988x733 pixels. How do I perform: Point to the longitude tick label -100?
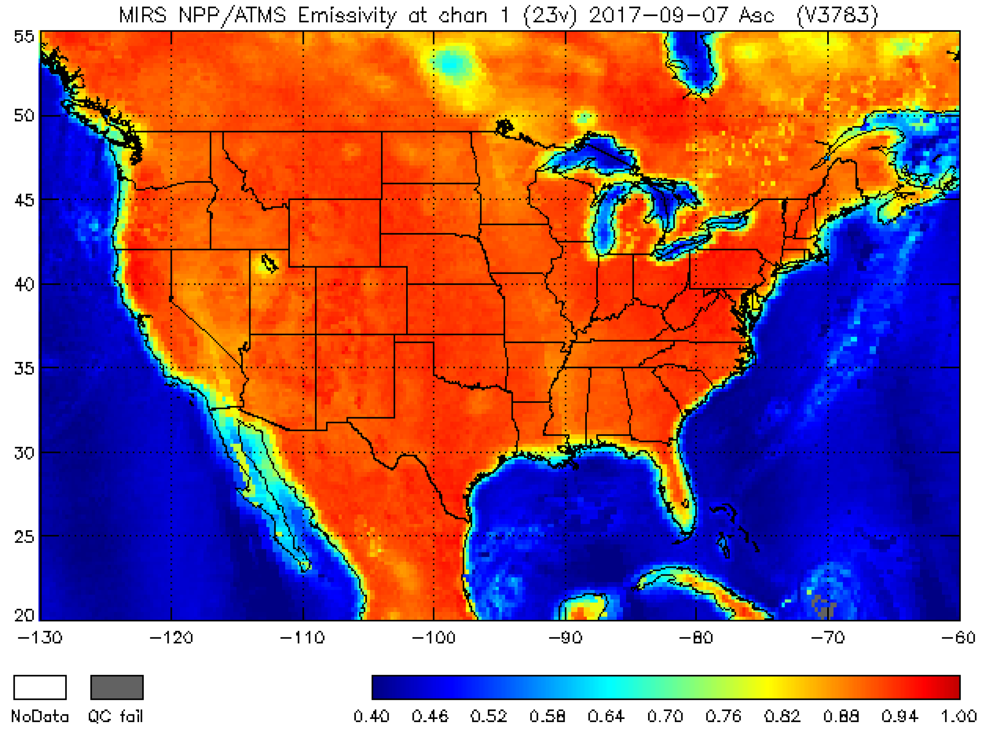[x=434, y=638]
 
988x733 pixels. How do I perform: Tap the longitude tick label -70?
[x=828, y=638]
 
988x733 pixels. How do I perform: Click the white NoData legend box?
[x=40, y=687]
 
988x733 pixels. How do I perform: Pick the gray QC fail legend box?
[x=117, y=687]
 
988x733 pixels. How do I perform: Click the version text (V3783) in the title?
[x=837, y=16]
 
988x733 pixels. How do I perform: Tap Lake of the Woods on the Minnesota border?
[x=504, y=127]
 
